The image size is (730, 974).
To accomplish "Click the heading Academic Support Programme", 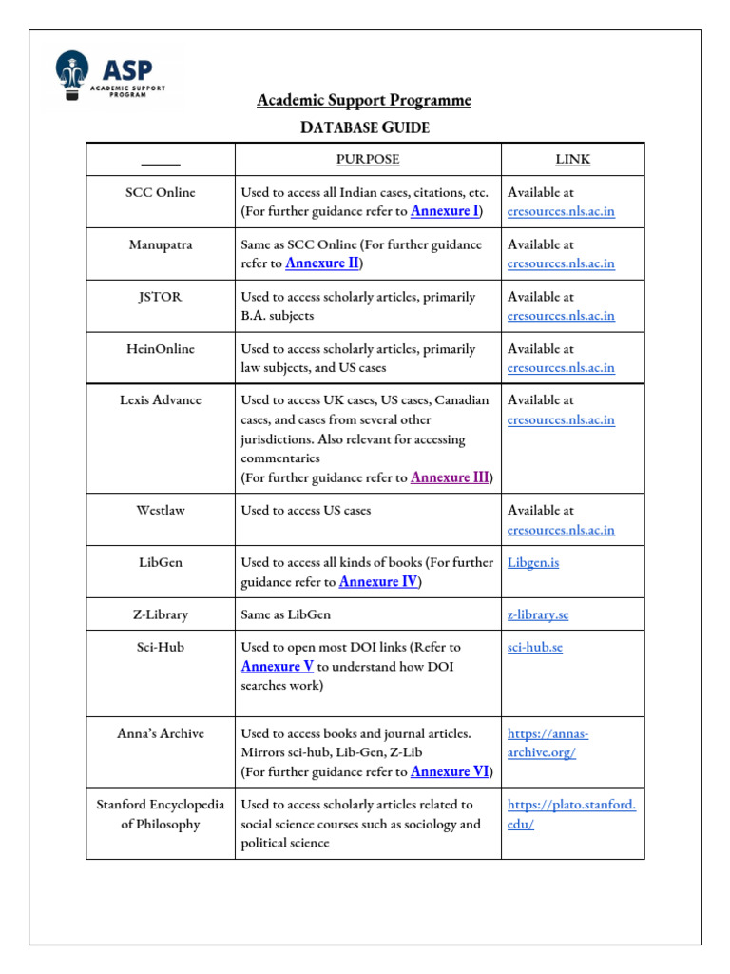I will (364, 101).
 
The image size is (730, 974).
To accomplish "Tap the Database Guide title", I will (364, 127).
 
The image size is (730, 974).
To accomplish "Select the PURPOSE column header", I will (368, 160).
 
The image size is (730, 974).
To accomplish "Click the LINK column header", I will (572, 160).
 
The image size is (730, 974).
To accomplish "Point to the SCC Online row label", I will (161, 192).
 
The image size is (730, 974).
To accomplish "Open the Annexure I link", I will (444, 211).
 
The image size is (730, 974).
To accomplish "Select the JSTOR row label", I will (161, 297).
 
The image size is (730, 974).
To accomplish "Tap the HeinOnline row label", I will (161, 349).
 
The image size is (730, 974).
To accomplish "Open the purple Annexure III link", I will (450, 477).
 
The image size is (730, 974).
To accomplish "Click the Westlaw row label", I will (161, 511).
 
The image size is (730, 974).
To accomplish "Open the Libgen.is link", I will (533, 563).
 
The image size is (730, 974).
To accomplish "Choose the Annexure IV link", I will (378, 582).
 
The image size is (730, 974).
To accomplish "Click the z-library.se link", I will (538, 614).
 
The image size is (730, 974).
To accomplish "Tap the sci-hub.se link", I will (535, 648).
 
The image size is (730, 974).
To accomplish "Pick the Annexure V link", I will (278, 667).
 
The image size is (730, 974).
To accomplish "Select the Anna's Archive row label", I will (161, 733).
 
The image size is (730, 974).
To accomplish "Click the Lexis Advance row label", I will (161, 400).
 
